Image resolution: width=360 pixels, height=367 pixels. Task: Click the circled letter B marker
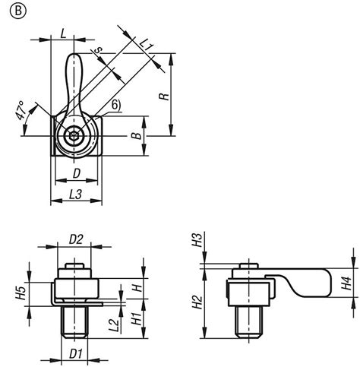(x=13, y=12)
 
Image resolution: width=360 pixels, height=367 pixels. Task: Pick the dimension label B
(x=134, y=136)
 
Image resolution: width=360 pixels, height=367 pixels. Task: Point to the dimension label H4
(x=346, y=285)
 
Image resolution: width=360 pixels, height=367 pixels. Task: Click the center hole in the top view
(x=73, y=138)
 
